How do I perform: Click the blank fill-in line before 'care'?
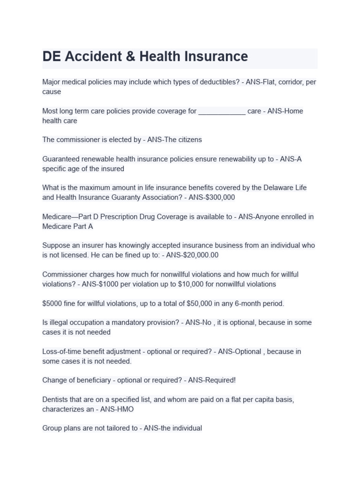[x=222, y=112]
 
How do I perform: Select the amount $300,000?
[x=220, y=197]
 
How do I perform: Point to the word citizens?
[x=187, y=140]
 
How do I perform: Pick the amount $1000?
[x=106, y=284]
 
